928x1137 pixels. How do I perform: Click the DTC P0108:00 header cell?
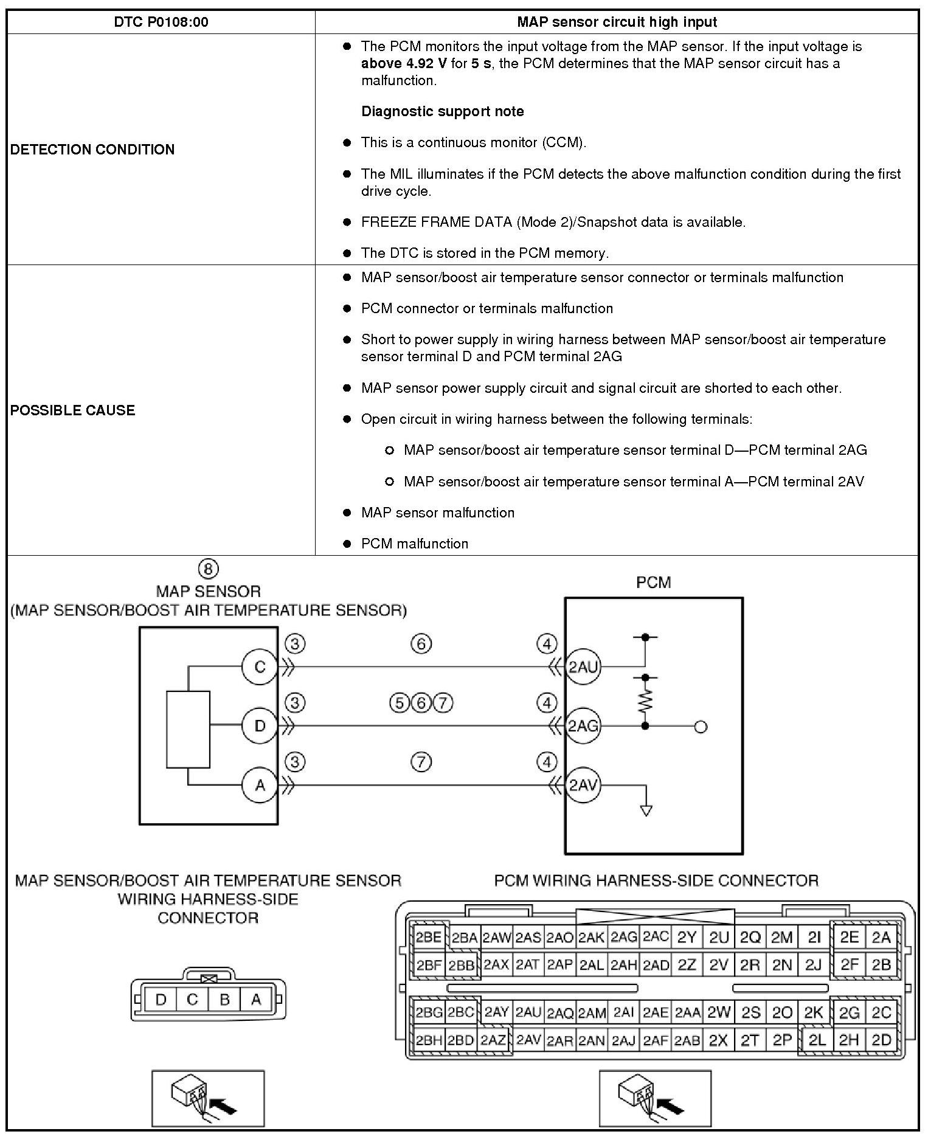tap(161, 22)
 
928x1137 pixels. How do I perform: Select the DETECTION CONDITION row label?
tap(92, 150)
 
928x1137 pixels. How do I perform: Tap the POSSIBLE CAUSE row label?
tap(73, 410)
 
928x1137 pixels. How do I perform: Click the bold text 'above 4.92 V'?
tap(404, 64)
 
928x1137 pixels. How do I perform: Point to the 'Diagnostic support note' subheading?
tap(443, 112)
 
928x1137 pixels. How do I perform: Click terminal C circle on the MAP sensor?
tap(260, 667)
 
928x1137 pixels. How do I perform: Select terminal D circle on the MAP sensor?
tap(260, 726)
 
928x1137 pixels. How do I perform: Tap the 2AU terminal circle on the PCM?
tap(583, 667)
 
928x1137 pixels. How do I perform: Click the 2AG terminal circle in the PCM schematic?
tap(583, 726)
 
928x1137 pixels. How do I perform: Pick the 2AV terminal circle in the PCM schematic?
tap(583, 786)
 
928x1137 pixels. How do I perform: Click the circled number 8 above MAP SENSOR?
tap(208, 569)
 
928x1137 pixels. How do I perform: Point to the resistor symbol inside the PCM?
tap(645, 701)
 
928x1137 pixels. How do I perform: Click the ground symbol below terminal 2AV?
tap(646, 810)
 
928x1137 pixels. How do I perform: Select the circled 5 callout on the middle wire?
tap(398, 703)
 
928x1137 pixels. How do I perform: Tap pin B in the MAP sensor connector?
tap(224, 1000)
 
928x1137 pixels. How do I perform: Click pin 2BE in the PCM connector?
tap(429, 938)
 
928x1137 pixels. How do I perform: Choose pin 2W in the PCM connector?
tap(719, 1013)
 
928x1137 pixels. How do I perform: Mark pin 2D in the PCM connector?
tap(881, 1040)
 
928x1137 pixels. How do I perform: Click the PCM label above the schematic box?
tap(654, 582)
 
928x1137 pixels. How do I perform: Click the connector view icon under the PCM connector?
tap(655, 1098)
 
